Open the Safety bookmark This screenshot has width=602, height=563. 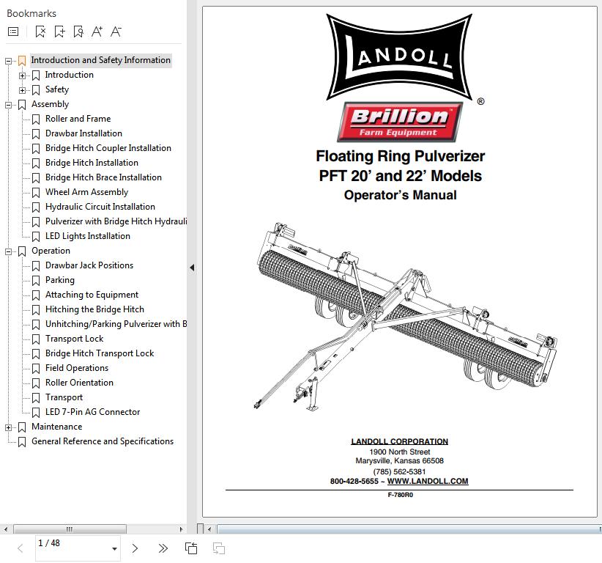pyautogui.click(x=56, y=89)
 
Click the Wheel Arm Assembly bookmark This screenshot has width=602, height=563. pyautogui.click(x=86, y=192)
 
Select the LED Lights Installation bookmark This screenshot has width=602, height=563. pyautogui.click(x=87, y=236)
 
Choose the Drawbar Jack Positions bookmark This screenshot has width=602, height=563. pyautogui.click(x=89, y=265)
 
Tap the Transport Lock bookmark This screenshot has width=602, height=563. pyautogui.click(x=74, y=339)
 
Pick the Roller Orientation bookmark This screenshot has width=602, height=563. pyautogui.click(x=79, y=383)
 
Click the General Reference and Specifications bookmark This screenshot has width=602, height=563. pyautogui.click(x=102, y=441)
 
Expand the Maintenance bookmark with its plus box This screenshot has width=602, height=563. pyautogui.click(x=9, y=427)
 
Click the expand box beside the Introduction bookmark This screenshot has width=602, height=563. pyautogui.click(x=23, y=75)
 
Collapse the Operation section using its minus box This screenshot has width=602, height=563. pyautogui.click(x=9, y=251)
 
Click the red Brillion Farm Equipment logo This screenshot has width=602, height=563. pyautogui.click(x=399, y=122)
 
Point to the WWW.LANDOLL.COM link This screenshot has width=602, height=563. pyautogui.click(x=428, y=482)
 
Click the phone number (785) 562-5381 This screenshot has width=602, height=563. pyautogui.click(x=399, y=471)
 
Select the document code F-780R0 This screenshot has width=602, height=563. pyautogui.click(x=401, y=495)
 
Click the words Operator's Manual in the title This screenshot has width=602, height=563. pyautogui.click(x=400, y=195)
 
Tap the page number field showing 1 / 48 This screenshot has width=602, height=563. pyautogui.click(x=72, y=547)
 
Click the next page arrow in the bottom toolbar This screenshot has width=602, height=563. pyautogui.click(x=135, y=548)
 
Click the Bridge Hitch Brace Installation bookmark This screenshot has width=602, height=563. pyautogui.click(x=103, y=177)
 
